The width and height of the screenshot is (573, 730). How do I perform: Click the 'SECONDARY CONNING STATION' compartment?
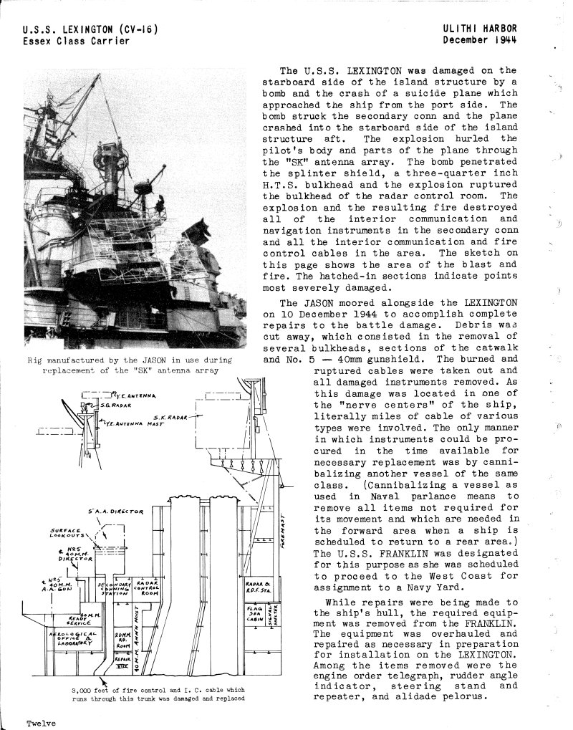point(114,589)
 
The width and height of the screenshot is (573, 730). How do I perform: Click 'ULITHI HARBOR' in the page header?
point(479,29)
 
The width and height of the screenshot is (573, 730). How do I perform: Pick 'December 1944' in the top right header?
point(479,39)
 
